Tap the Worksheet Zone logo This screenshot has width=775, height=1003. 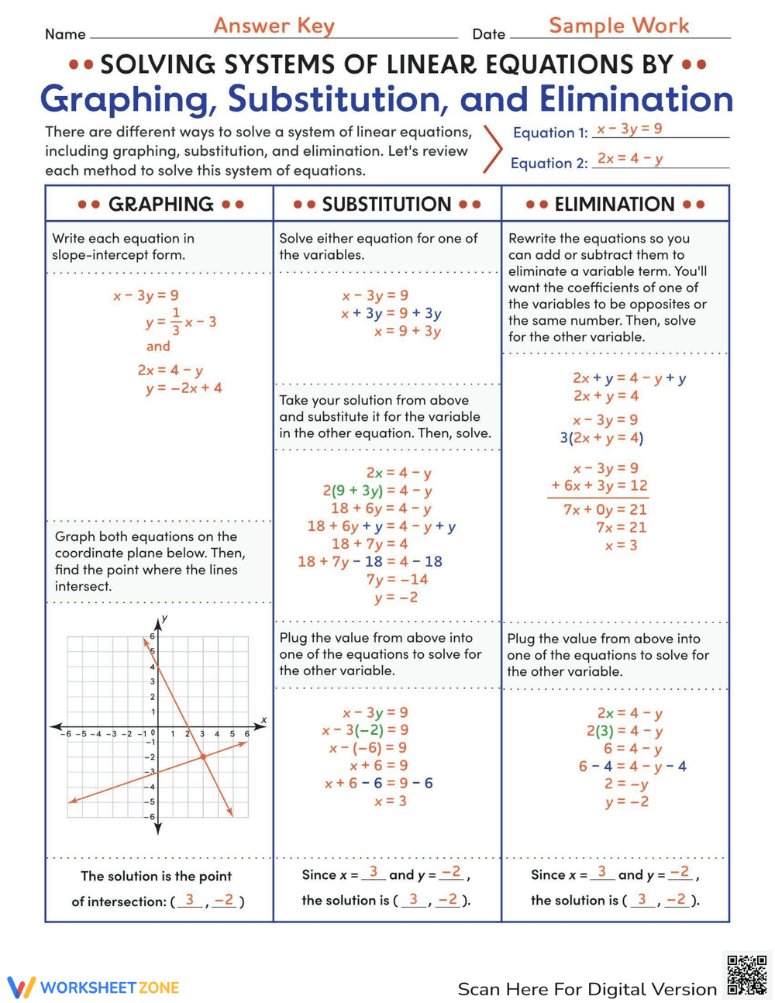pos(93,987)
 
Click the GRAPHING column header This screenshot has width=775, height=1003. pos(160,205)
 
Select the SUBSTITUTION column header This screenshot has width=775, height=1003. pos(387,205)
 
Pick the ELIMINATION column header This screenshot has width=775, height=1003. pos(615,205)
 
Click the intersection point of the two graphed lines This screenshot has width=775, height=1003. pos(203,757)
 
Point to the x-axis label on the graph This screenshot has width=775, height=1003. pos(263,720)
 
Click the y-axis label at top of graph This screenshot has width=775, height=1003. pos(165,618)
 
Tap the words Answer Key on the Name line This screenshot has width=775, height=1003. pos(274,26)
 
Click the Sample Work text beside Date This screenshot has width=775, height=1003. pos(618,26)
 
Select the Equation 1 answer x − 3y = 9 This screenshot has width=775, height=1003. pos(629,129)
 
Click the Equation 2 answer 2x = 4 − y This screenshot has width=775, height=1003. pos(629,159)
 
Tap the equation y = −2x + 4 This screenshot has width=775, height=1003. pos(184,388)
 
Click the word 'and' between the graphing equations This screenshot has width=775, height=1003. pos(158,346)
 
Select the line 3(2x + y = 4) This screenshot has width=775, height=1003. pos(601,438)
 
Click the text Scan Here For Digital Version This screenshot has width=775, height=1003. pos(587,989)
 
